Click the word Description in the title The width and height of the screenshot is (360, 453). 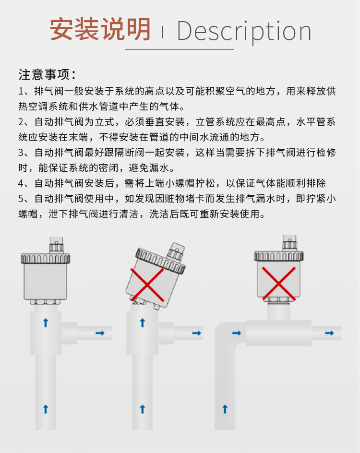[x=244, y=32]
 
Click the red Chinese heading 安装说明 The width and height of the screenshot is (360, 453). [x=100, y=29]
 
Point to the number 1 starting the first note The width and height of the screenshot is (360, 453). [x=21, y=91]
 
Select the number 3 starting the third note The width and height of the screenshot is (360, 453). [x=22, y=153]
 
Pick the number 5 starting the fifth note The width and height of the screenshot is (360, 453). [x=22, y=199]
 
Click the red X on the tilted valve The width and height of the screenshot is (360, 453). [x=147, y=285]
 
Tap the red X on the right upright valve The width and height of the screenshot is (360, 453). [x=279, y=284]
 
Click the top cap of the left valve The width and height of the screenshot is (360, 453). [x=56, y=245]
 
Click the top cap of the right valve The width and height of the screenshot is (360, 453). [x=289, y=243]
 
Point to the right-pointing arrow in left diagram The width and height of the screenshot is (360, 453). [x=100, y=333]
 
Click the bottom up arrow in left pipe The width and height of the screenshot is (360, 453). [x=46, y=409]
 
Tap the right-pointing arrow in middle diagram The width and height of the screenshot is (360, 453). [x=196, y=333]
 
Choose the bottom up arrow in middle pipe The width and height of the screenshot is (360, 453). [x=142, y=409]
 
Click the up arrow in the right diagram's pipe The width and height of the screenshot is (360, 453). [x=225, y=409]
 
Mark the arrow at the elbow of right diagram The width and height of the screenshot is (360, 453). [x=237, y=333]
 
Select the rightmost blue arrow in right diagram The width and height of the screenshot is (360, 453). [x=329, y=333]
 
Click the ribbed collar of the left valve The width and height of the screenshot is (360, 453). [x=46, y=258]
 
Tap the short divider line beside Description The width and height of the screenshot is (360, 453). [x=162, y=32]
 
